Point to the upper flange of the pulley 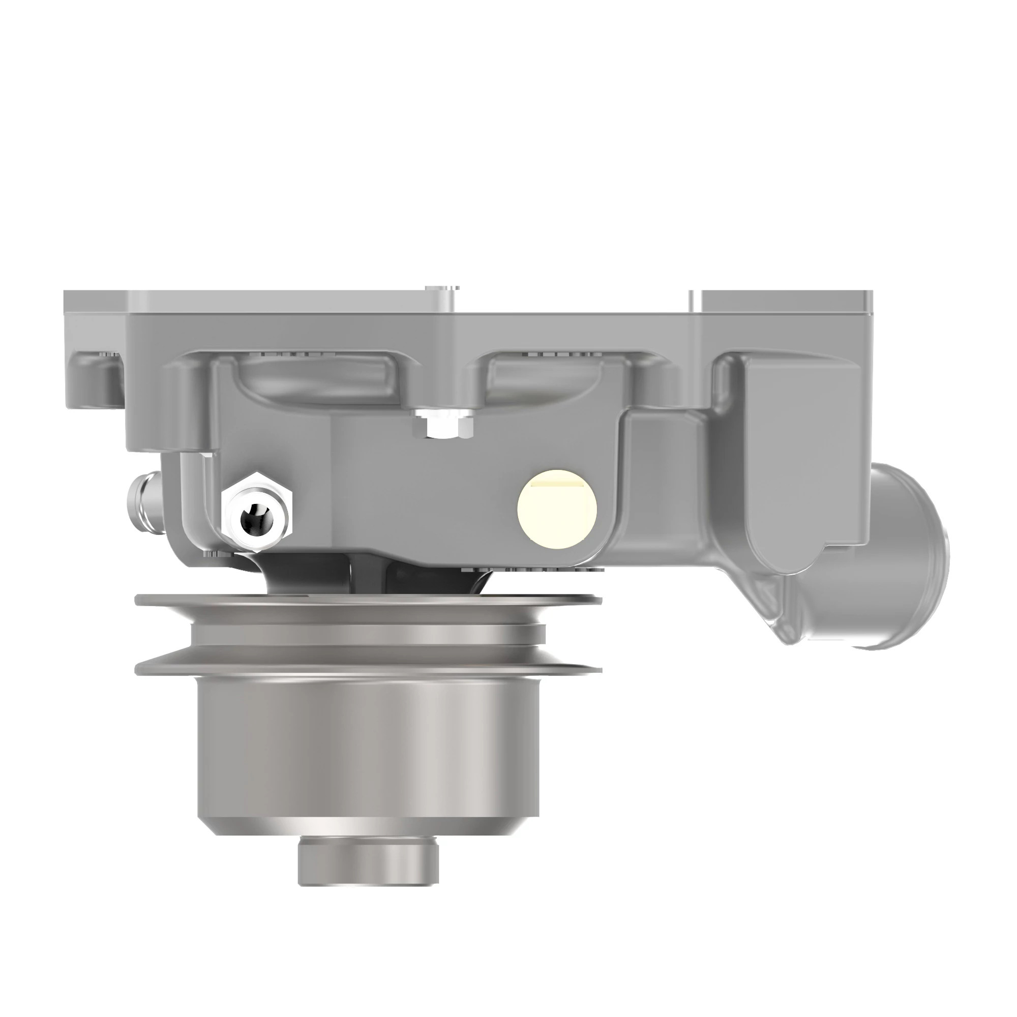369,600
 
